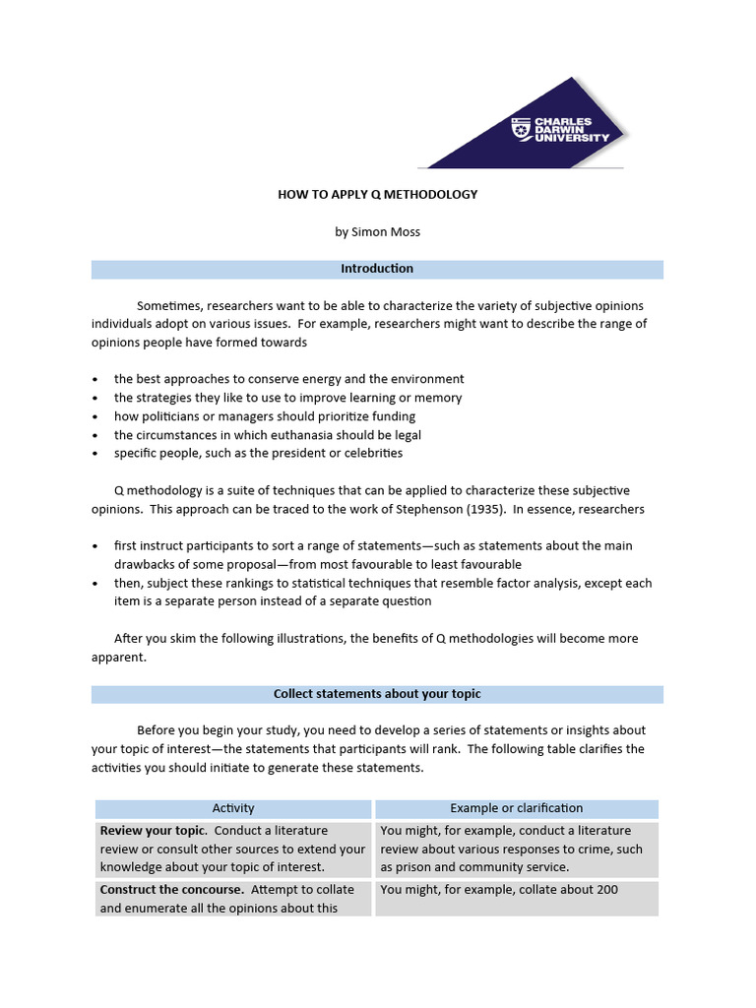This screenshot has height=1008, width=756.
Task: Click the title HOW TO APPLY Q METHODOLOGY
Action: tap(377, 195)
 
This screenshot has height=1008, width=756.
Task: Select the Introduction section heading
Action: tap(377, 269)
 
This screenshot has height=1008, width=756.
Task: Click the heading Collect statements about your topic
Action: tap(377, 694)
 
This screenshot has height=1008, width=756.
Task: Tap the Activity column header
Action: tap(233, 808)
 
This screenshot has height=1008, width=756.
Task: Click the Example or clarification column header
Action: tap(517, 808)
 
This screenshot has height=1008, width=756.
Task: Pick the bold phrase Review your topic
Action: tap(147, 831)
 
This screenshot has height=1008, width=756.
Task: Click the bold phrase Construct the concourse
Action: tap(170, 890)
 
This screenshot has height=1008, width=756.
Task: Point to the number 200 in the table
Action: tap(606, 890)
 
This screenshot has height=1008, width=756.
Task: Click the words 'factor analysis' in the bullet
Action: tap(556, 584)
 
